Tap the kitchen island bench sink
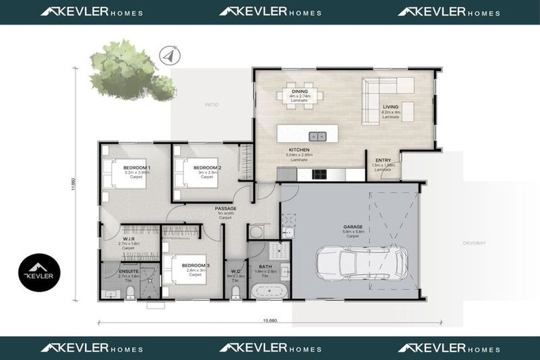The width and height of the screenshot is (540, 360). pos(318,136)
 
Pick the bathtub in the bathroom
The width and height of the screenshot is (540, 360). pos(268,291)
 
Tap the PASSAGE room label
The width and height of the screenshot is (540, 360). pos(226,208)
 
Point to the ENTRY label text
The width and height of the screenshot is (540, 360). pos(383,160)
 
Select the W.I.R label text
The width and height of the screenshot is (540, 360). pos(127,238)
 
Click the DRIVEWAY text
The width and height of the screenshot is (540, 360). pos(473,243)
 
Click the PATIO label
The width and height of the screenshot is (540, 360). pos(212,105)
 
